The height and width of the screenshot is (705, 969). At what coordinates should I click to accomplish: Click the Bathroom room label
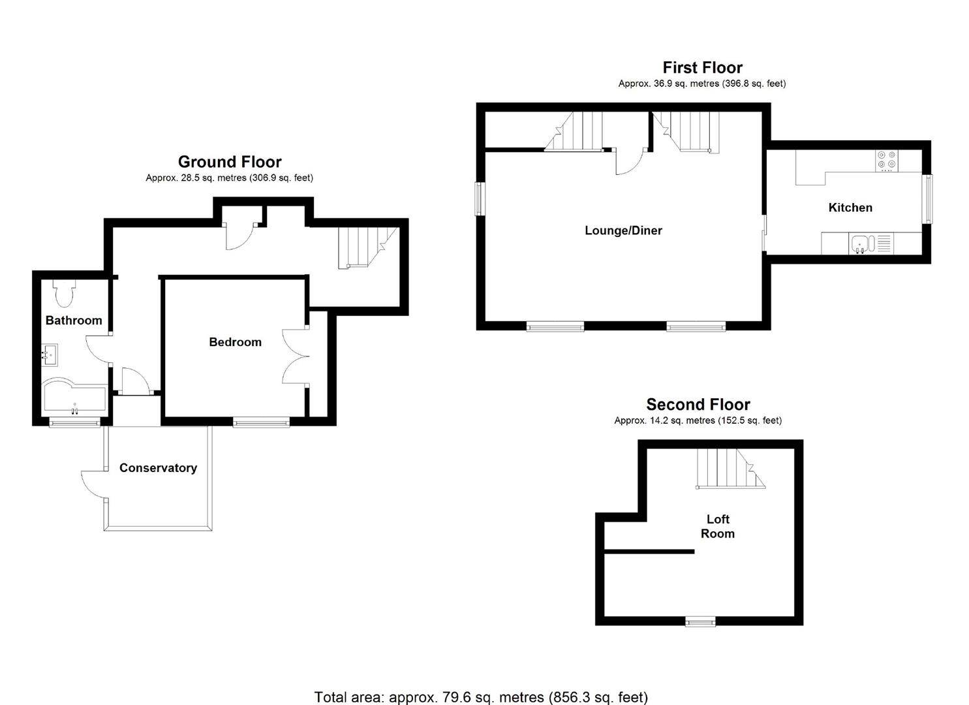(x=74, y=321)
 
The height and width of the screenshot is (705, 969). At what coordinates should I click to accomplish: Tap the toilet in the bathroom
(x=64, y=294)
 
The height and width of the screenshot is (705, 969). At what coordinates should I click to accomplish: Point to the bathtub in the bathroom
(x=74, y=398)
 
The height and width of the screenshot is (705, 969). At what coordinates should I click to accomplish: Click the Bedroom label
(x=235, y=342)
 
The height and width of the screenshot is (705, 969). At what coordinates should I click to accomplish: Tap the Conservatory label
(x=158, y=468)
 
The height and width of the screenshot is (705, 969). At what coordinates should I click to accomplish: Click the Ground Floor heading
(x=230, y=162)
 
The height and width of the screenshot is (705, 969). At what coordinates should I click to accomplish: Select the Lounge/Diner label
(x=623, y=230)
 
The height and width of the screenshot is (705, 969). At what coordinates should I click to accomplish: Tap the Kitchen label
(x=850, y=208)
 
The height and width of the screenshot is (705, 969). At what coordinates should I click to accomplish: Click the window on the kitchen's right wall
(x=927, y=198)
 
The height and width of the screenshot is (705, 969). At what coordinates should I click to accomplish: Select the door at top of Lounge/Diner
(x=629, y=161)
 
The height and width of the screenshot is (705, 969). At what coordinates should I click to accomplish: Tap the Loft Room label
(x=718, y=526)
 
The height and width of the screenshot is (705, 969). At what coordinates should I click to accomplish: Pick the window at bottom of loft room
(x=700, y=622)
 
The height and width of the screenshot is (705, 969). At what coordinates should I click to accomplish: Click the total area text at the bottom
(x=481, y=697)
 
